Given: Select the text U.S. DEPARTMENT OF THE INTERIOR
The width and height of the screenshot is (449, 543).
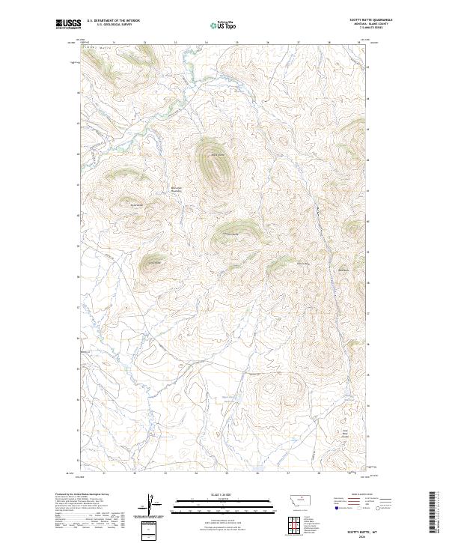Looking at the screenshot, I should click(113, 21).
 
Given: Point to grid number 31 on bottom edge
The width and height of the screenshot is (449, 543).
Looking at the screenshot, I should click(103, 473).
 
